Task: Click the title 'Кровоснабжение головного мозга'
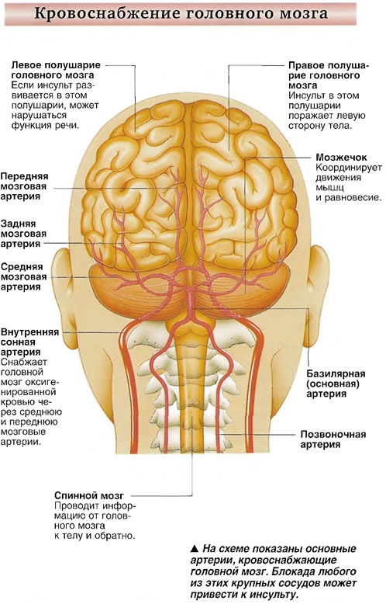(181, 13)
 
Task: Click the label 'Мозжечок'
(341, 157)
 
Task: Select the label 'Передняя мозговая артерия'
(24, 186)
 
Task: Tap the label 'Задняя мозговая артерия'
(23, 234)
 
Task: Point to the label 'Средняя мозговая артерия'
(23, 277)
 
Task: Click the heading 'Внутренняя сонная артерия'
(29, 342)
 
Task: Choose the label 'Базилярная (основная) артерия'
(336, 384)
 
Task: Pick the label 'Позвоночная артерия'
(333, 439)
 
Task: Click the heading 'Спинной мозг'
(89, 495)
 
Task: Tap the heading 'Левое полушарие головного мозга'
(56, 70)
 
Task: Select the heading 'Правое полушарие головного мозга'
(329, 75)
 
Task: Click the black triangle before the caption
(195, 549)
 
